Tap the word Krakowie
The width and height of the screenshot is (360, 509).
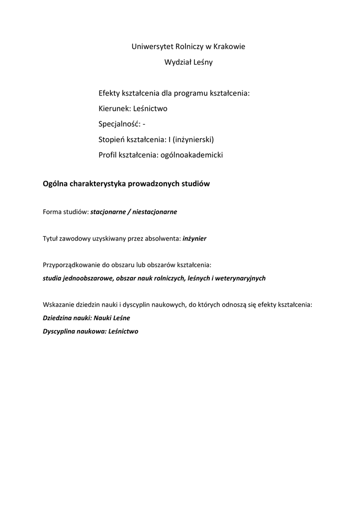pyautogui.click(x=229, y=47)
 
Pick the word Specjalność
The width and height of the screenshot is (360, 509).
pyautogui.click(x=119, y=124)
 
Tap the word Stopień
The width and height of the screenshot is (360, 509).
pyautogui.click(x=112, y=139)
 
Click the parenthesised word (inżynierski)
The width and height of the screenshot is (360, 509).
pyautogui.click(x=193, y=139)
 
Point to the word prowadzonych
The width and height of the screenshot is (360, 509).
pyautogui.click(x=152, y=184)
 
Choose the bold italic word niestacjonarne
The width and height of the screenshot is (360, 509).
pyautogui.click(x=154, y=212)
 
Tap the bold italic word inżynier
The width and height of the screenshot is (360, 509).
pyautogui.click(x=194, y=239)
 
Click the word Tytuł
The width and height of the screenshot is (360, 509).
pyautogui.click(x=51, y=239)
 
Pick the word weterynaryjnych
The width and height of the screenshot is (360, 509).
pyautogui.click(x=240, y=278)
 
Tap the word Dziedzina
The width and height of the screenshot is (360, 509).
pyautogui.click(x=58, y=318)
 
